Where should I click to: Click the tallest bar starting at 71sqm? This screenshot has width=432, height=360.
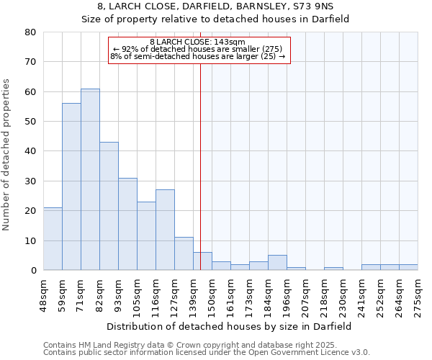tap(90, 179)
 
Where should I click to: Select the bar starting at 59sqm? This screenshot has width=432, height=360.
tap(71, 186)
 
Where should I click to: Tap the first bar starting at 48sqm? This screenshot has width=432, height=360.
tap(53, 238)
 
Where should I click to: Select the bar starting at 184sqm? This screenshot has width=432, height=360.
tap(277, 263)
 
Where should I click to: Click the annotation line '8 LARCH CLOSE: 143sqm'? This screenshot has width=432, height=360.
tap(198, 42)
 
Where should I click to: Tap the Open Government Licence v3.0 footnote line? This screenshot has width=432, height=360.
tap(206, 353)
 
